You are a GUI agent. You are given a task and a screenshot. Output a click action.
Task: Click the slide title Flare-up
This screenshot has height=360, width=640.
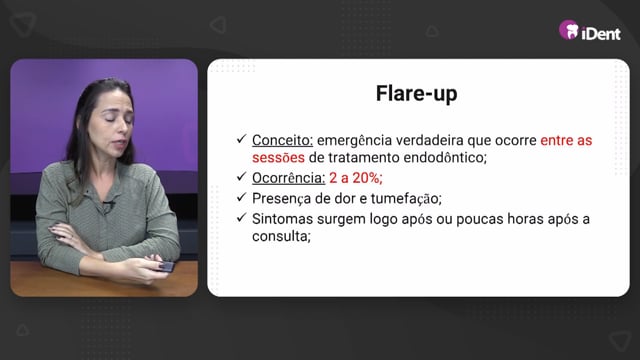(416, 94)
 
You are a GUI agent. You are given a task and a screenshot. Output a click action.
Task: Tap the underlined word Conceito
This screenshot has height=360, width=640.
(282, 140)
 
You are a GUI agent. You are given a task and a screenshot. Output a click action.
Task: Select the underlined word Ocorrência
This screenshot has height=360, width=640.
(289, 178)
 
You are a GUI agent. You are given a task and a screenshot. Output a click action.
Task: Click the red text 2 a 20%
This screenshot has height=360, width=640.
(356, 178)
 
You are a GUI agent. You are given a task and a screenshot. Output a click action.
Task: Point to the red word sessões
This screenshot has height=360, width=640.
(278, 158)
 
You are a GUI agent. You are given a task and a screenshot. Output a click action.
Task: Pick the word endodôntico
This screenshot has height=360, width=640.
(445, 158)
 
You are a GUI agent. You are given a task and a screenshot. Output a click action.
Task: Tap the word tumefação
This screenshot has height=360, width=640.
(406, 199)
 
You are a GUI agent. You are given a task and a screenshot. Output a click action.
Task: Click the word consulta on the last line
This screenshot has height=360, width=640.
(281, 236)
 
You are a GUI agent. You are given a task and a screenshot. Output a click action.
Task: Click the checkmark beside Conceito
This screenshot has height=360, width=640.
(241, 139)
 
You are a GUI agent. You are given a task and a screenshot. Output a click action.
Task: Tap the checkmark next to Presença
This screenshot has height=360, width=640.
(241, 197)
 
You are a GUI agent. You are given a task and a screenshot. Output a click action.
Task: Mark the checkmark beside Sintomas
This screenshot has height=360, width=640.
(241, 218)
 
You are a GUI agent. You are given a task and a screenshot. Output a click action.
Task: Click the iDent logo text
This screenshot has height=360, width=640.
(601, 33)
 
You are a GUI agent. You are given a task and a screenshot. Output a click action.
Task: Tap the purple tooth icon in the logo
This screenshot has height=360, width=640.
(569, 30)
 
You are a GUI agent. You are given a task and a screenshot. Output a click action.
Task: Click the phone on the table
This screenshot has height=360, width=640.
(167, 267)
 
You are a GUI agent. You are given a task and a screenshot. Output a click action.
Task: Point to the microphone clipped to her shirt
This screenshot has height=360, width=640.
(108, 205)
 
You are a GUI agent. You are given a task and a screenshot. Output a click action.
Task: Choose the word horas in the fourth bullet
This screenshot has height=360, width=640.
(525, 219)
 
